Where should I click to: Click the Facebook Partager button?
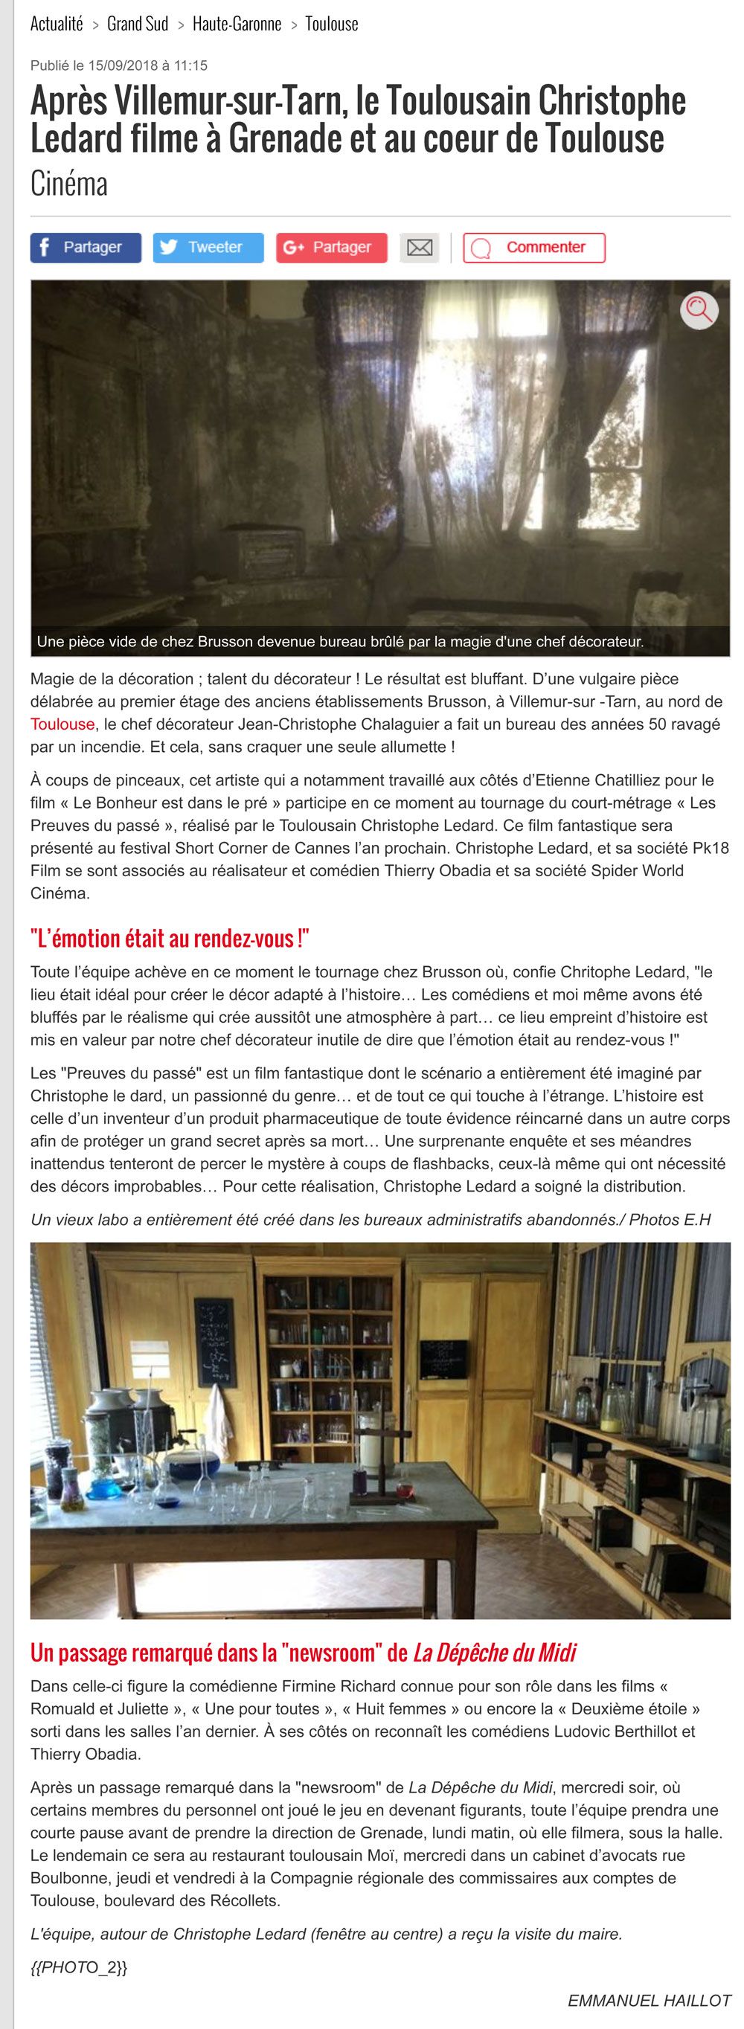[x=85, y=248]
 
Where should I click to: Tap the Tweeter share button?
[x=208, y=248]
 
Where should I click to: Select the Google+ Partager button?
[x=331, y=248]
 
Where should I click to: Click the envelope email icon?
[x=420, y=248]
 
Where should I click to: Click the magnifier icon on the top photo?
[x=699, y=309]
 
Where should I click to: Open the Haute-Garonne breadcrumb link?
[x=237, y=25]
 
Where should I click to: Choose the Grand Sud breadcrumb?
[x=137, y=25]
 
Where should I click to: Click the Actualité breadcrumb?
[x=56, y=25]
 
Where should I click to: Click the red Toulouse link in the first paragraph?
[x=62, y=724]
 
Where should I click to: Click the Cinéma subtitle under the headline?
[x=68, y=184]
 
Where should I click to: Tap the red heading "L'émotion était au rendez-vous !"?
[x=170, y=938]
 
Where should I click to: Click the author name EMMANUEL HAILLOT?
[x=649, y=2000]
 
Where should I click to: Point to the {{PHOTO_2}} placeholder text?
[x=79, y=1967]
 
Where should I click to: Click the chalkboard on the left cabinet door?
[x=215, y=1341]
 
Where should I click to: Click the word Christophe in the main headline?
[x=612, y=101]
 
